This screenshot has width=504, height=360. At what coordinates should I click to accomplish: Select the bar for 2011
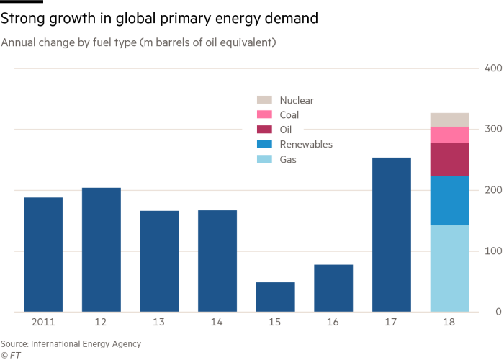[43, 254]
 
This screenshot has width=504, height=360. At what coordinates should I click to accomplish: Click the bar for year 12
[102, 249]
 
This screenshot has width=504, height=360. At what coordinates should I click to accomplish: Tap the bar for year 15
[275, 296]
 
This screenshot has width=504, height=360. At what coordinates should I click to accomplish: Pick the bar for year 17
[391, 234]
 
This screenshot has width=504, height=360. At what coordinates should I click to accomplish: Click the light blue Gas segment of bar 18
[449, 268]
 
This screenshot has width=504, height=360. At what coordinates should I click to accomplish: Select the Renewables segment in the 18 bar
[449, 200]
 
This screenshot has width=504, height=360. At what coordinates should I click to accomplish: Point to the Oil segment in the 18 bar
[449, 159]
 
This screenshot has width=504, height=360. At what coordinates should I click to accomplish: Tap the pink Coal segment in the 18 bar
[449, 135]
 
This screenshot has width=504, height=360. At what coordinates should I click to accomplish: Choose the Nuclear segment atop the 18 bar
[449, 119]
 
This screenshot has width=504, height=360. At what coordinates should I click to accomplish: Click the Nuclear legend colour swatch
[264, 100]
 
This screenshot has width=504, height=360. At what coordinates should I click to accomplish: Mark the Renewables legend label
[305, 144]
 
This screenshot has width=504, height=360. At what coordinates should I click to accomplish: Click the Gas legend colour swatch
[264, 159]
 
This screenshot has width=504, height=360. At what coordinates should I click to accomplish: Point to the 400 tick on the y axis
[492, 68]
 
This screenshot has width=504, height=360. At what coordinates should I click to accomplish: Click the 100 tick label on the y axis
[492, 251]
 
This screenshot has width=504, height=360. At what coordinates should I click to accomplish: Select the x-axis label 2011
[43, 323]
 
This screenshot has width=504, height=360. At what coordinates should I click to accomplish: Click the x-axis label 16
[333, 323]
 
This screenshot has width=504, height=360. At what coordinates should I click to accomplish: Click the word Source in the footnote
[15, 344]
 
